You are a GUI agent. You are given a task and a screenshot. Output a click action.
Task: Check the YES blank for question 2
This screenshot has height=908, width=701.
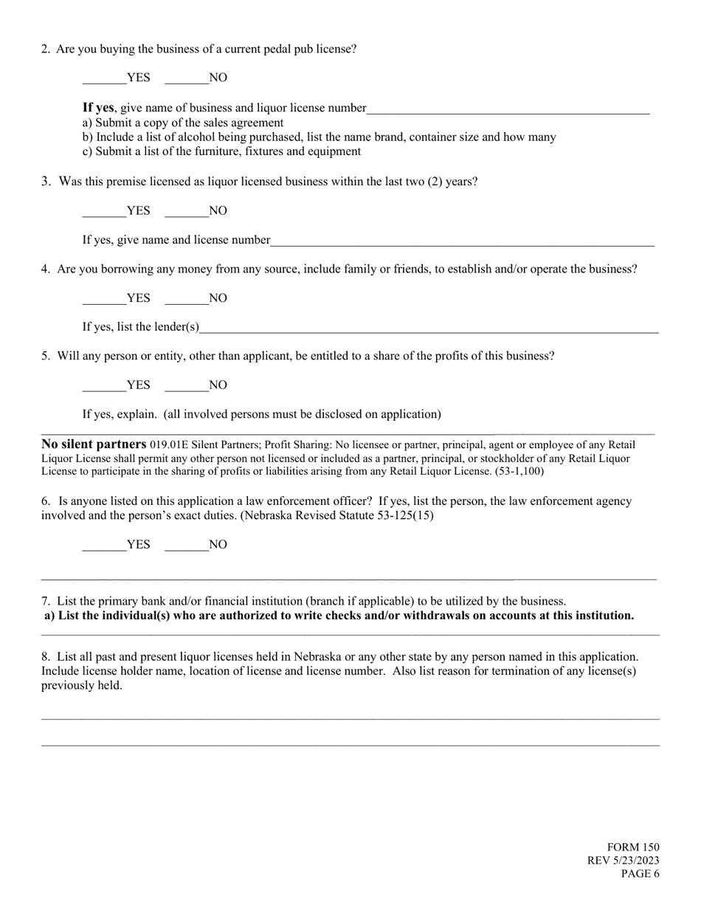[x=104, y=78]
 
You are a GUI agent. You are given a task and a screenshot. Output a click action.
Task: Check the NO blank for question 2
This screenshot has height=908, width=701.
[x=186, y=78]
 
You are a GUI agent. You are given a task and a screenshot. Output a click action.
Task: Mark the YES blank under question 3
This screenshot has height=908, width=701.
[x=104, y=211]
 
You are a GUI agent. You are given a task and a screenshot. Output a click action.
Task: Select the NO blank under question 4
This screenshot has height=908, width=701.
[x=186, y=298]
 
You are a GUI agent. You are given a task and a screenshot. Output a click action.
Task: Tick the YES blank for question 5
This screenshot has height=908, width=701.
[x=104, y=385]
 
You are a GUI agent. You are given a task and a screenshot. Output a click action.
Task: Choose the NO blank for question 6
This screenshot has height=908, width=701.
[x=186, y=545]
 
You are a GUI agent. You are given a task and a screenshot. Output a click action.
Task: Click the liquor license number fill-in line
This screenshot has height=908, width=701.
[x=508, y=109]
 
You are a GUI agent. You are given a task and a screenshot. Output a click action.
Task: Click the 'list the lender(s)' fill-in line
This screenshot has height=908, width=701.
[x=428, y=328]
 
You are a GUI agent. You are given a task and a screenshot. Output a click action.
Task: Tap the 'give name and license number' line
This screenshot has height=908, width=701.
[x=462, y=241]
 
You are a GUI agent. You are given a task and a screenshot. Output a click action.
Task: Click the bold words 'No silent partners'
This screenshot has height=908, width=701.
[x=94, y=444]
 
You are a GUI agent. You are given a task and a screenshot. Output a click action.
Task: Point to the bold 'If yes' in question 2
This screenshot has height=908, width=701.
[x=98, y=108]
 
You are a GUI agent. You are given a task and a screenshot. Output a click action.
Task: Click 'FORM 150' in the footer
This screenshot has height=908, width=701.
[x=633, y=847]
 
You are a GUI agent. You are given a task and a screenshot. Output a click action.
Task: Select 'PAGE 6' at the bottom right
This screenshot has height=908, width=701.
[x=640, y=874]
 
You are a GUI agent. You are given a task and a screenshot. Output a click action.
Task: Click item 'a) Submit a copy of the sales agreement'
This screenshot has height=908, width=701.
[x=183, y=123]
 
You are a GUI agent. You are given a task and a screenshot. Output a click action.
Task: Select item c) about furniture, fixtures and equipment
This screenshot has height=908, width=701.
[x=221, y=151]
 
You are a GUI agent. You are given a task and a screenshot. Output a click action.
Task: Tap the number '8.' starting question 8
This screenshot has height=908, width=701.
[x=46, y=656]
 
